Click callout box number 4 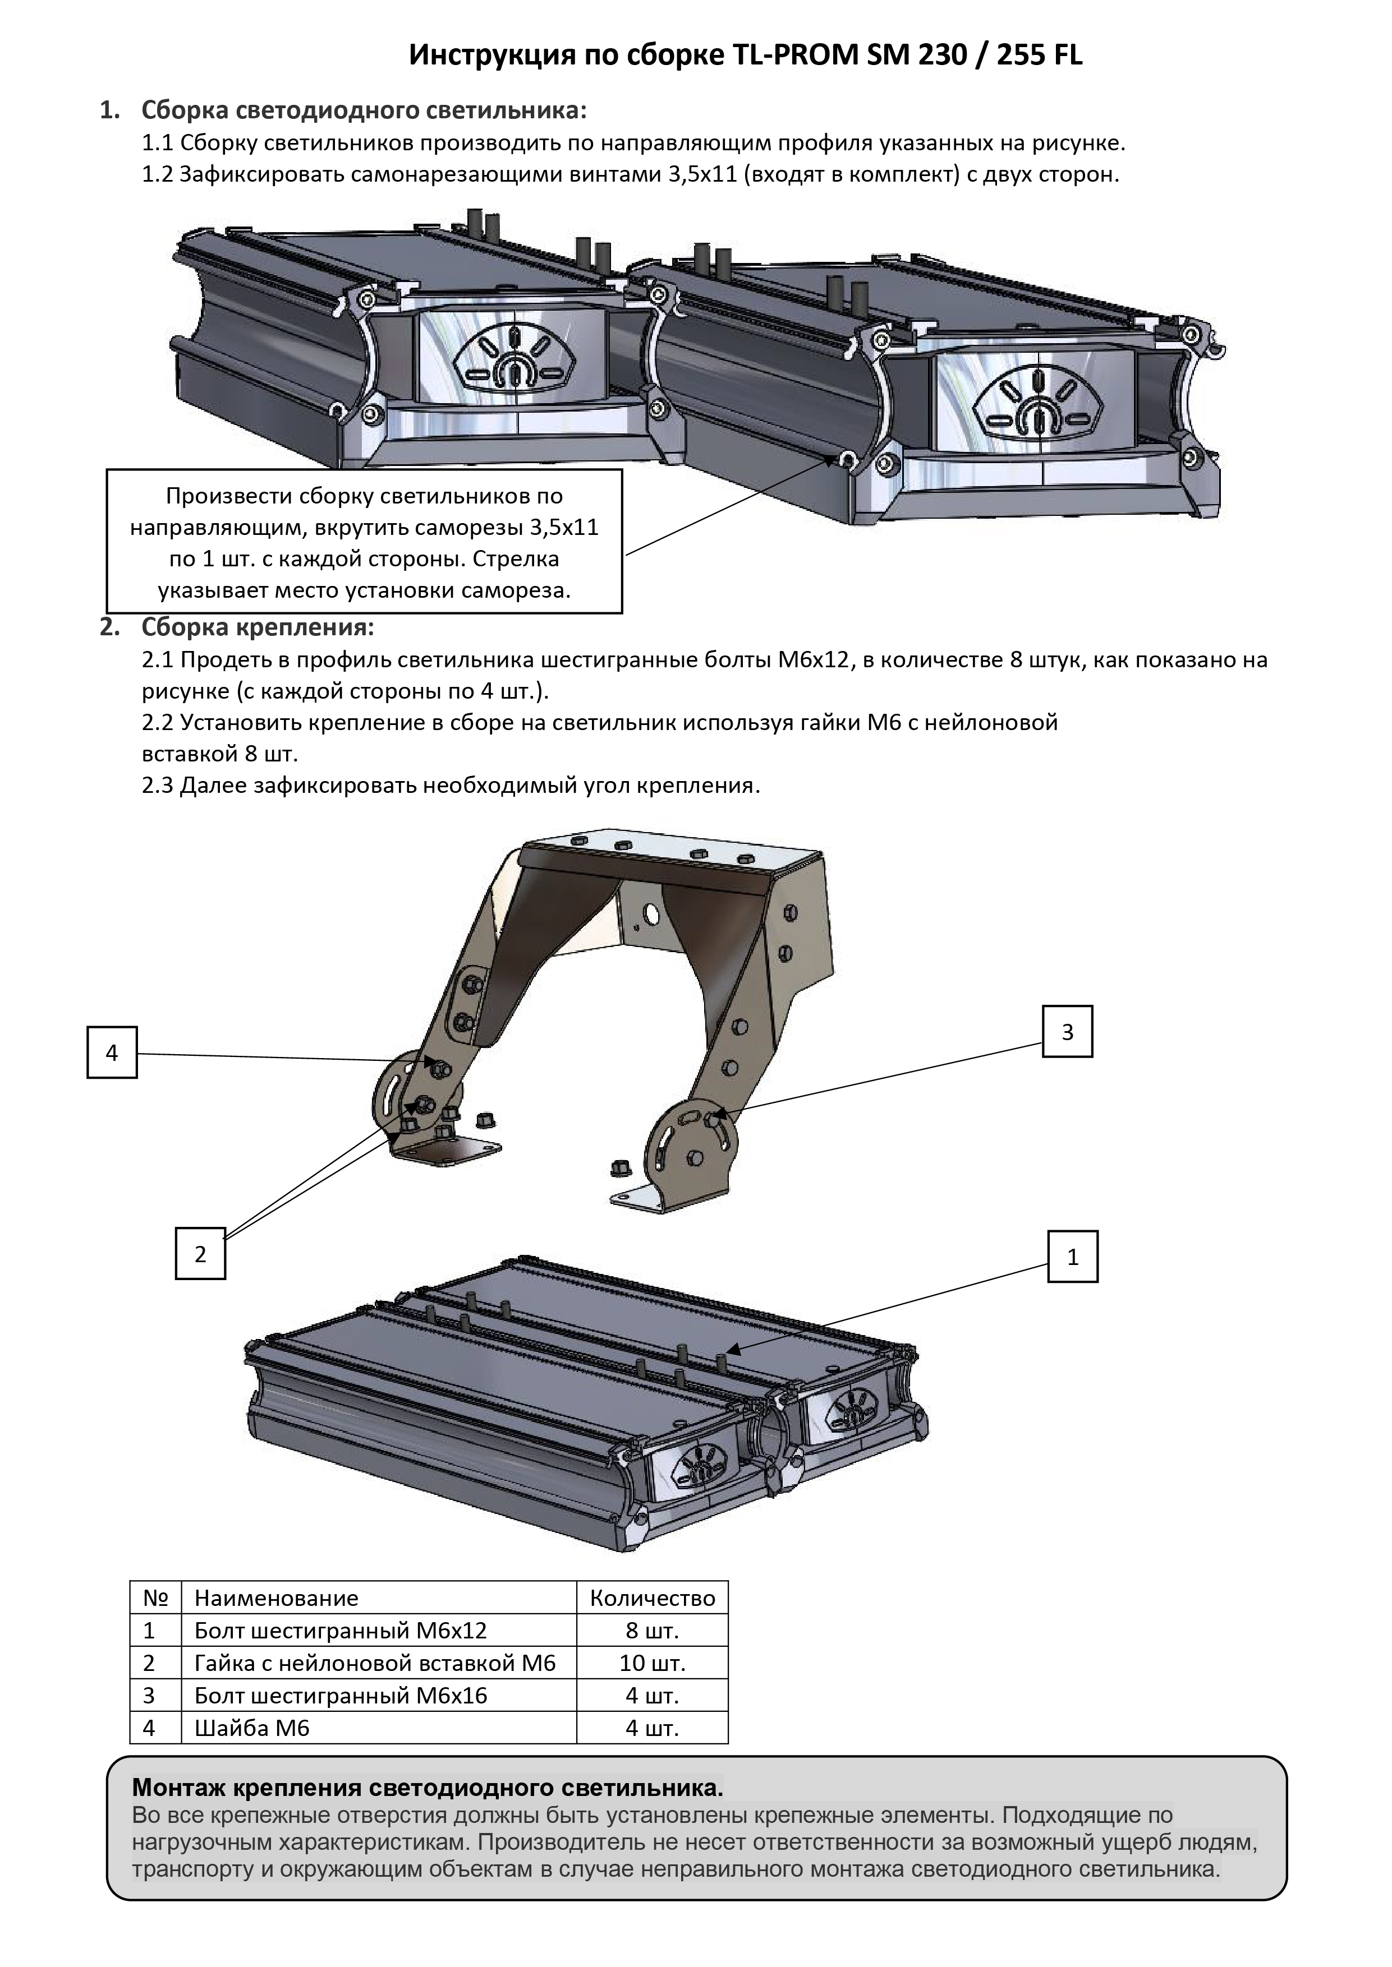click(x=112, y=1053)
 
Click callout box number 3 click(x=1067, y=1032)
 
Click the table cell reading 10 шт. click(x=653, y=1663)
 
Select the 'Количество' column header click(x=653, y=1597)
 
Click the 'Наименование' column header click(x=276, y=1597)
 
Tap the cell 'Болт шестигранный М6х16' click(x=341, y=1696)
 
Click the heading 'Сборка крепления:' click(x=257, y=627)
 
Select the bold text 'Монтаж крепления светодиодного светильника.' click(x=427, y=1788)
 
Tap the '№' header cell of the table click(x=155, y=1597)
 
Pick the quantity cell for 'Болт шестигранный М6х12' click(x=653, y=1631)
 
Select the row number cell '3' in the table click(x=149, y=1696)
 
